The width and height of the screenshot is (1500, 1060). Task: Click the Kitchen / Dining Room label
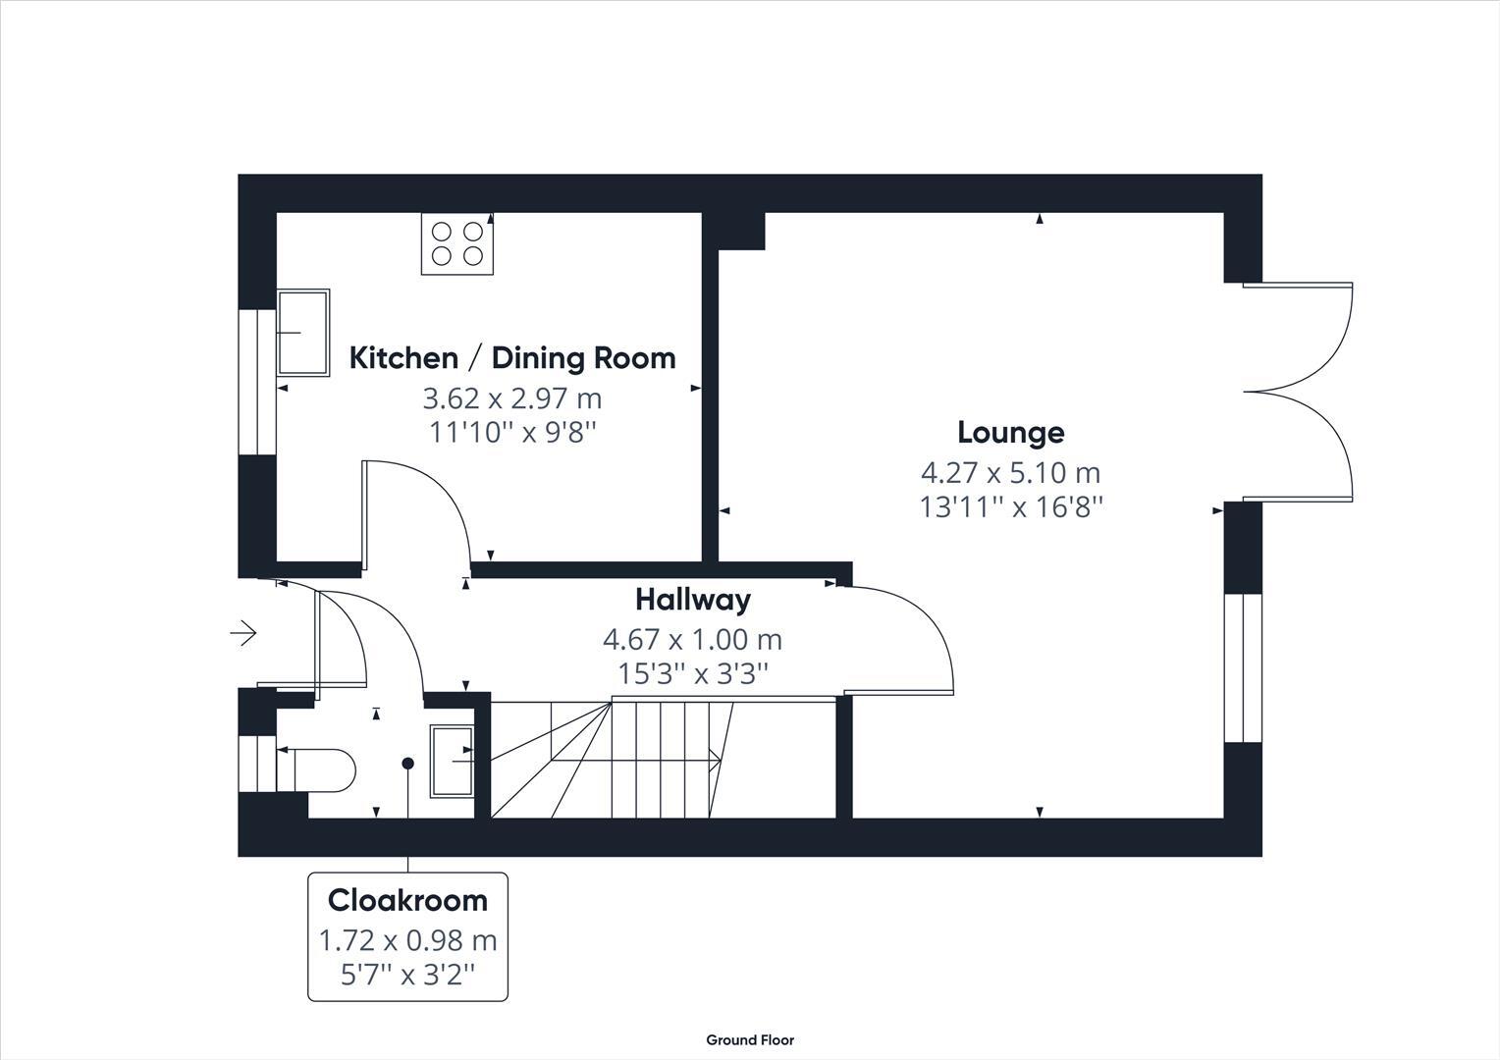(x=512, y=358)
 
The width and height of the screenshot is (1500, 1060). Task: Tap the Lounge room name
(x=1010, y=433)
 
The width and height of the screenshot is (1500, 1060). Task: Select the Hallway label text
(x=692, y=599)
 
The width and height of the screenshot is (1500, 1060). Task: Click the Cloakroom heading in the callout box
(x=407, y=900)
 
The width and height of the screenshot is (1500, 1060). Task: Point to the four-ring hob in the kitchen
(x=457, y=243)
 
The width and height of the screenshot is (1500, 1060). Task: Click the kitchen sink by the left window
(x=302, y=333)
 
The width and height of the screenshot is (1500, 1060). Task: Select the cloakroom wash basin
(x=452, y=761)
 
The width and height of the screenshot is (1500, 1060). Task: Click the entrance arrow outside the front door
(x=243, y=633)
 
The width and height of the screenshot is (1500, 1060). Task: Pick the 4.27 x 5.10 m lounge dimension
(x=1010, y=473)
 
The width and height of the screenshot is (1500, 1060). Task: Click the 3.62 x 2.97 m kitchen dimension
(x=511, y=398)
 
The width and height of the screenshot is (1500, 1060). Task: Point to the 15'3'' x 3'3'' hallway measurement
(x=692, y=674)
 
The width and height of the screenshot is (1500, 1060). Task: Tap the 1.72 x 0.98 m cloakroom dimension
(x=407, y=940)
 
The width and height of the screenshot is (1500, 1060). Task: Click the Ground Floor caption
(x=750, y=1039)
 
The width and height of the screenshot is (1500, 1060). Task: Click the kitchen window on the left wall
(x=257, y=382)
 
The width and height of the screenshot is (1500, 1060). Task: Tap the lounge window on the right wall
(x=1243, y=667)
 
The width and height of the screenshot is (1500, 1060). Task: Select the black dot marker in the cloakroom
(x=407, y=764)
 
